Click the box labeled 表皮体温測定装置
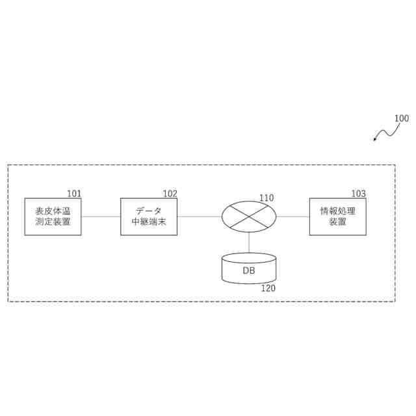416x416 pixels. pos(53,216)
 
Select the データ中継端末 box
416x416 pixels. pos(149,216)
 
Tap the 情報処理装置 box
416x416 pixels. pos(337,216)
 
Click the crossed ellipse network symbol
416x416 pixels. pos(249,216)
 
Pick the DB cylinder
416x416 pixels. pos(249,268)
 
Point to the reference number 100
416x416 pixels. pos(402,118)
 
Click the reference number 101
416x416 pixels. pos(74,194)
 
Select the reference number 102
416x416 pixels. pos(170,194)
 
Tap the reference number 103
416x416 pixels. pos(358,194)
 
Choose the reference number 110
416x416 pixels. pos(266,198)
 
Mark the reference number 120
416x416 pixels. pos(268,289)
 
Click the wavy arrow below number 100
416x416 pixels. pos(385,133)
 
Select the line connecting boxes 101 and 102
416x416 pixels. pos(101,216)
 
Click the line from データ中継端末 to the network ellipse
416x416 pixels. pos(199,216)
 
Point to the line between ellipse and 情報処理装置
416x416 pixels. pos(292,216)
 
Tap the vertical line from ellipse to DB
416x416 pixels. pos(249,242)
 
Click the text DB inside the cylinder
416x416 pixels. pos(249,270)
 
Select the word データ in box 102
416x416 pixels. pos(149,211)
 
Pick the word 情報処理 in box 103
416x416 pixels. pos(337,211)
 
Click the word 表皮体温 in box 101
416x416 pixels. pos(53,211)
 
